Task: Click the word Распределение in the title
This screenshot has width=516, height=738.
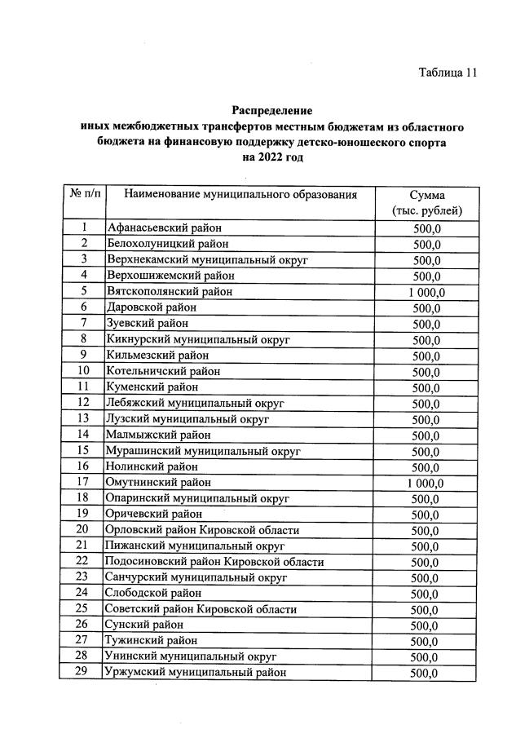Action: click(272, 110)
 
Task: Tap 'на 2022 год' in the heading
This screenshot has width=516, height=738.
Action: click(272, 157)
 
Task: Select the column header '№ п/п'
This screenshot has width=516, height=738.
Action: click(83, 194)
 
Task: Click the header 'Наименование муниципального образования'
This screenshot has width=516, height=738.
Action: click(240, 194)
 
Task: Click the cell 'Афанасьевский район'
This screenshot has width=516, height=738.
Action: click(164, 228)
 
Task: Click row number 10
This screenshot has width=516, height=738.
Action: click(83, 371)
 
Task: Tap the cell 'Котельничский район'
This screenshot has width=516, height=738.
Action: click(163, 371)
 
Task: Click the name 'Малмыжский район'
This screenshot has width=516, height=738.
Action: click(158, 435)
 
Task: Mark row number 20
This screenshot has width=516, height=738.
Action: click(83, 530)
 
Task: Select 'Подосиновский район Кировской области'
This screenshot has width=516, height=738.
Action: click(214, 562)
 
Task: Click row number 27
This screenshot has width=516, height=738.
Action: click(83, 641)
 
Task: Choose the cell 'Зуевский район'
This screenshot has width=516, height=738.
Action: click(148, 324)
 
